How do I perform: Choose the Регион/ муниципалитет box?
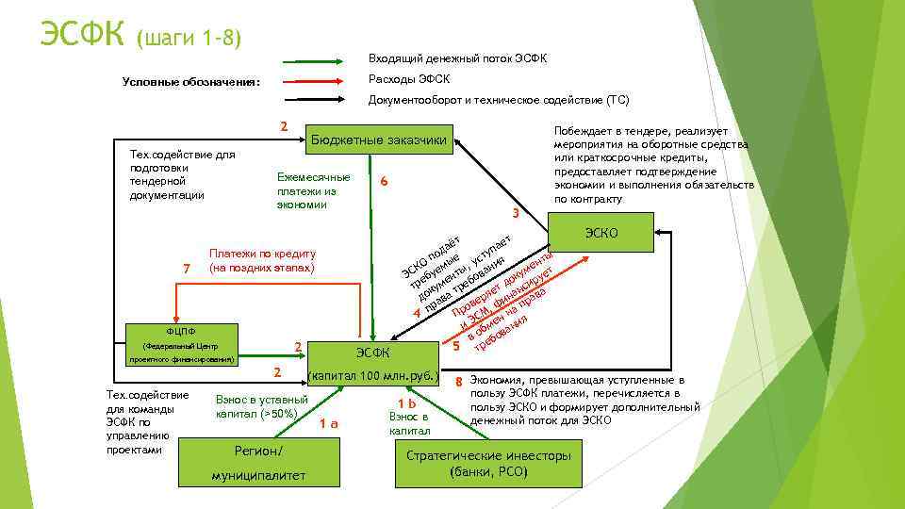[x=257, y=463]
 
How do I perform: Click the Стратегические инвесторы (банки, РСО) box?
[x=487, y=463]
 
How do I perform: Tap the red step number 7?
[x=187, y=269]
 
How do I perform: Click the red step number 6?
[x=383, y=181]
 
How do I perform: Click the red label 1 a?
[x=328, y=423]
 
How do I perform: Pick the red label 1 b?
[x=407, y=402]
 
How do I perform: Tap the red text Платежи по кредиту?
[x=262, y=254]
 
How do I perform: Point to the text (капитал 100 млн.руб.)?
[x=374, y=376]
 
